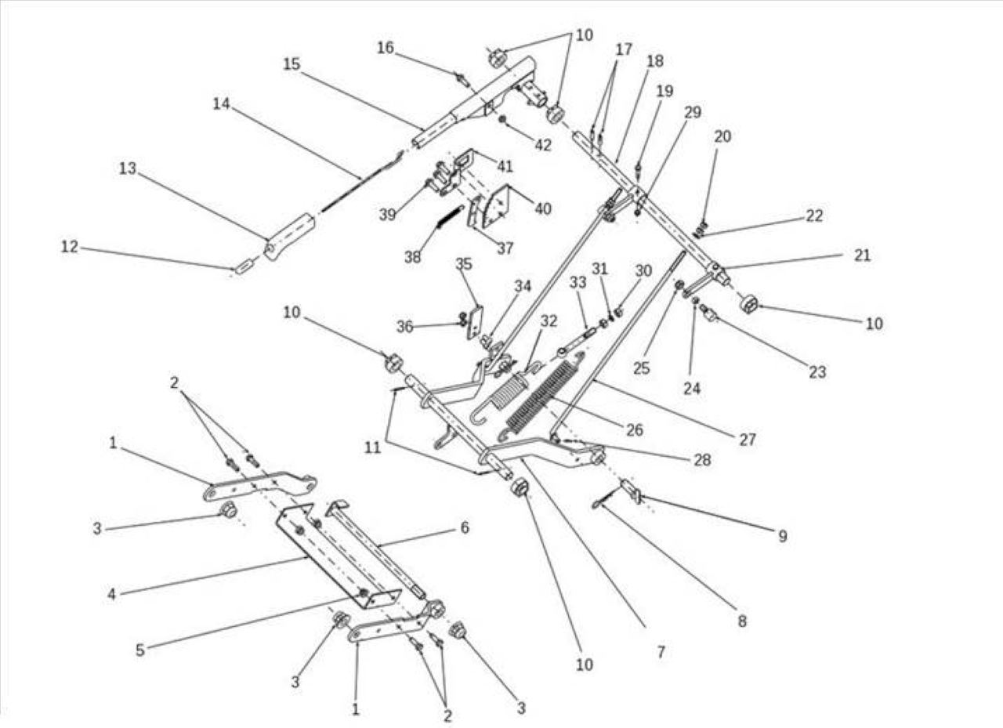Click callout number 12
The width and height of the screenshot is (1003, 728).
pyautogui.click(x=70, y=246)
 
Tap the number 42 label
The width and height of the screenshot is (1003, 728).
pyautogui.click(x=543, y=145)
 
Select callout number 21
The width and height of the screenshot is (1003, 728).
pyautogui.click(x=863, y=255)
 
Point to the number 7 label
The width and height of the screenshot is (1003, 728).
pyautogui.click(x=661, y=652)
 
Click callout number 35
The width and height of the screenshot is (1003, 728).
pyautogui.click(x=464, y=264)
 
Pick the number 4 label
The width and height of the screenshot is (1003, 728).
pyautogui.click(x=111, y=594)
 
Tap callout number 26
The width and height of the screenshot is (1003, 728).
pyautogui.click(x=634, y=429)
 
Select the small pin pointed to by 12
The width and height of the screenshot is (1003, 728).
pyautogui.click(x=243, y=269)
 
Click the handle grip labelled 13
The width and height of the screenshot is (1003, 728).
pyautogui.click(x=289, y=236)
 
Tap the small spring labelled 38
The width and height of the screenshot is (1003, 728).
pyautogui.click(x=450, y=217)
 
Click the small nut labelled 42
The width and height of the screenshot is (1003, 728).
pyautogui.click(x=504, y=120)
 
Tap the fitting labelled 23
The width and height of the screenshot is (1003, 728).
pyautogui.click(x=709, y=313)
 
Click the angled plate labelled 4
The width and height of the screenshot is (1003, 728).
pyautogui.click(x=338, y=556)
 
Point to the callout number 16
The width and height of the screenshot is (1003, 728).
pyautogui.click(x=385, y=48)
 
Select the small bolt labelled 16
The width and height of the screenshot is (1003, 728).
pyautogui.click(x=463, y=81)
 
